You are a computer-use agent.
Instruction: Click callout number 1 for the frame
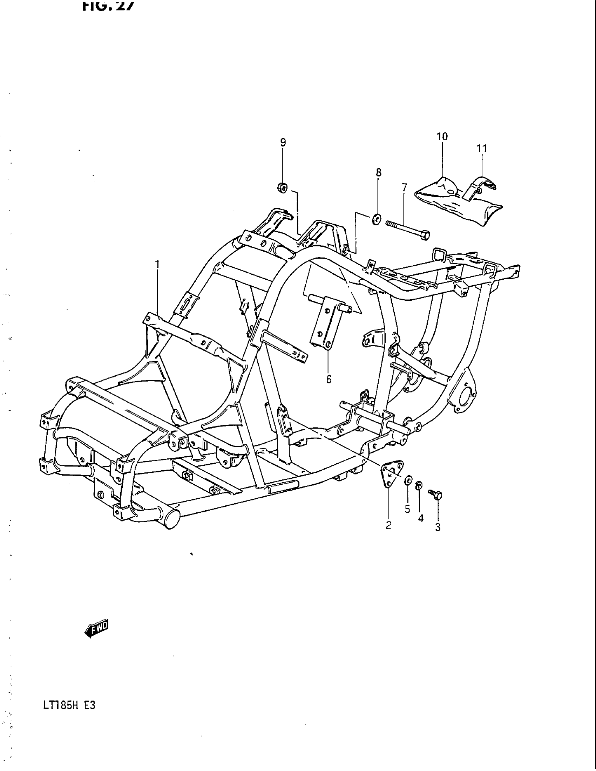tap(157, 264)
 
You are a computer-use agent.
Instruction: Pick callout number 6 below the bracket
tap(329, 380)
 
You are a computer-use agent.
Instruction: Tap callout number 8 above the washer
tap(379, 173)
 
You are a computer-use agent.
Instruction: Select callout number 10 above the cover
tap(442, 137)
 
